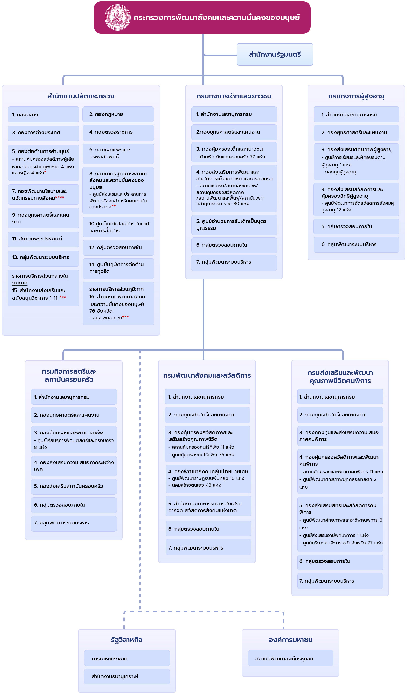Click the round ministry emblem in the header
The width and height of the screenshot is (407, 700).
click(117, 17)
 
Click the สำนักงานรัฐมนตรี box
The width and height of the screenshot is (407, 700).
click(275, 54)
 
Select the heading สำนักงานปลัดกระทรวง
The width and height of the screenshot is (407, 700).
click(81, 96)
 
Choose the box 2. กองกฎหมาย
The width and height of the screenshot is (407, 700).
click(118, 114)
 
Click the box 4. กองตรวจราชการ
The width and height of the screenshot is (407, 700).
click(118, 132)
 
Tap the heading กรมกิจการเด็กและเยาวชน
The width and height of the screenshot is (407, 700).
click(234, 96)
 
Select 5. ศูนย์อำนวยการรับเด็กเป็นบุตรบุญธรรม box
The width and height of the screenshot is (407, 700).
click(234, 225)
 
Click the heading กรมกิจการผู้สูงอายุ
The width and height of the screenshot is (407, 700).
click(356, 96)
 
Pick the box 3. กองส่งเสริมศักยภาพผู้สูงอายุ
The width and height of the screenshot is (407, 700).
click(356, 161)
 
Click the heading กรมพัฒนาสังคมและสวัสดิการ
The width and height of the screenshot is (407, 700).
click(207, 376)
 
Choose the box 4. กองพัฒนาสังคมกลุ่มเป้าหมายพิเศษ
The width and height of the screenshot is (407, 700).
click(208, 479)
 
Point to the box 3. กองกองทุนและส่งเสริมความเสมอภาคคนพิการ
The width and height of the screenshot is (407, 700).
click(340, 436)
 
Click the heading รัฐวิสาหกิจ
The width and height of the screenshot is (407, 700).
click(127, 640)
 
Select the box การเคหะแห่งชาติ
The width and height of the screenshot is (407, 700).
click(127, 658)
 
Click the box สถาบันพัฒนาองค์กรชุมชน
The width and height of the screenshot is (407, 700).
click(290, 658)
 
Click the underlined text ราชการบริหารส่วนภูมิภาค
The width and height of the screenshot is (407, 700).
click(117, 289)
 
